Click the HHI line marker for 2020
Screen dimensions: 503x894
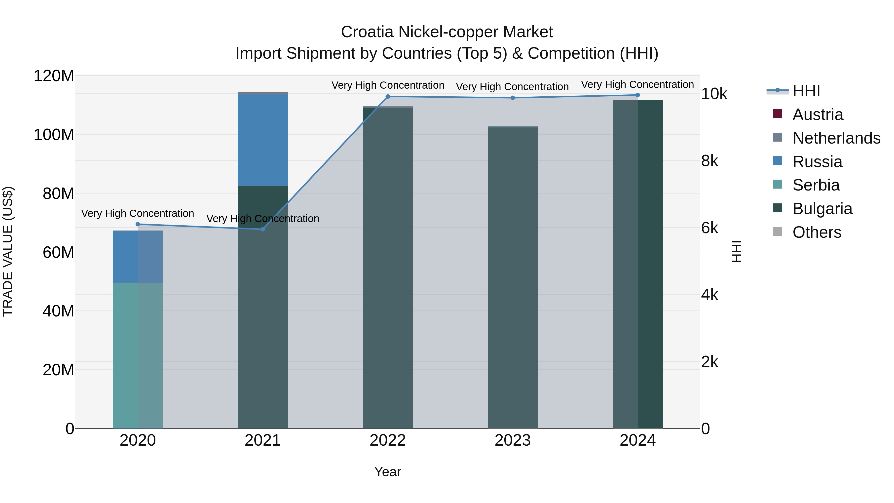click(x=138, y=224)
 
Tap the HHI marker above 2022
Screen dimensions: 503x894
click(x=388, y=97)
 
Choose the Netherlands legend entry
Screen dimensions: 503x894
click(x=836, y=138)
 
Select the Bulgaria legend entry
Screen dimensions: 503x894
click(x=822, y=209)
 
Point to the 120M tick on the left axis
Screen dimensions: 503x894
click(x=54, y=76)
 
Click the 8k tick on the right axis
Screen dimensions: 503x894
click(x=710, y=161)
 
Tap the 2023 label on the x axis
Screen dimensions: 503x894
click(x=513, y=440)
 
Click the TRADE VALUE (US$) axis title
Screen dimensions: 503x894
click(x=8, y=251)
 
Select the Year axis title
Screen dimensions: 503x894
click(x=388, y=472)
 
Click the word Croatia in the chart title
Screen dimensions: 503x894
click(x=367, y=32)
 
